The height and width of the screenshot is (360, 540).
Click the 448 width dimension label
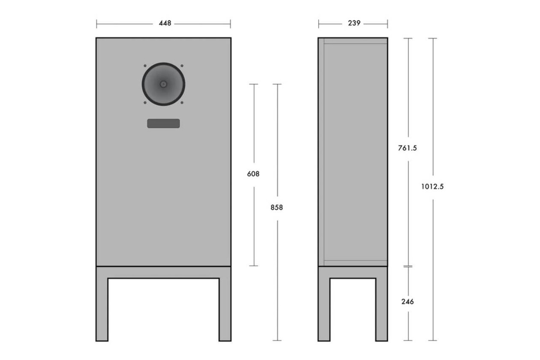pyautogui.click(x=165, y=24)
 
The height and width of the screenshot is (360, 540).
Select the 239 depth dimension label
pyautogui.click(x=354, y=24)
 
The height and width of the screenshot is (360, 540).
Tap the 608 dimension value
pyautogui.click(x=253, y=174)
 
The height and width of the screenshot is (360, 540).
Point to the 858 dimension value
pyautogui.click(x=277, y=207)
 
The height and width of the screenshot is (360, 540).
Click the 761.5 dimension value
pyautogui.click(x=408, y=148)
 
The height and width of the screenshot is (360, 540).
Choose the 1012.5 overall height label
pyautogui.click(x=432, y=186)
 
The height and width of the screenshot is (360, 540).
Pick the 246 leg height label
pyautogui.click(x=408, y=302)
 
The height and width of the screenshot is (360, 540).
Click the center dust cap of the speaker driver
pyautogui.click(x=163, y=84)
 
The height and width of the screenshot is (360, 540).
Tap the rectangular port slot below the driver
pyautogui.click(x=163, y=123)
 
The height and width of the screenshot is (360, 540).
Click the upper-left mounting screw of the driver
pyautogui.click(x=145, y=66)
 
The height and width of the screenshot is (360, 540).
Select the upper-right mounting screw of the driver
pyautogui.click(x=182, y=66)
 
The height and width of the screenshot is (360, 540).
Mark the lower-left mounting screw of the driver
pyautogui.click(x=145, y=102)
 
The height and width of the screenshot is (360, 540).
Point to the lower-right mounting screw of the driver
pyautogui.click(x=182, y=102)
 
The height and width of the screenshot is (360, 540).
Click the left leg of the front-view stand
pyautogui.click(x=102, y=309)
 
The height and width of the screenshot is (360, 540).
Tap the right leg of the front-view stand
pyautogui.click(x=225, y=309)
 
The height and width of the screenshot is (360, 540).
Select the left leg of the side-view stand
pyautogui.click(x=324, y=309)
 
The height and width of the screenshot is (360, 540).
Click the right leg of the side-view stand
pyautogui.click(x=381, y=309)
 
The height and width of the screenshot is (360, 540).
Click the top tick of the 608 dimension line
pyautogui.click(x=254, y=84)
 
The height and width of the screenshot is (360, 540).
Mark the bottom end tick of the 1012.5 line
pyautogui.click(x=432, y=341)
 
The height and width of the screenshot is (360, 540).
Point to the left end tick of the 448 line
pyautogui.click(x=96, y=24)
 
